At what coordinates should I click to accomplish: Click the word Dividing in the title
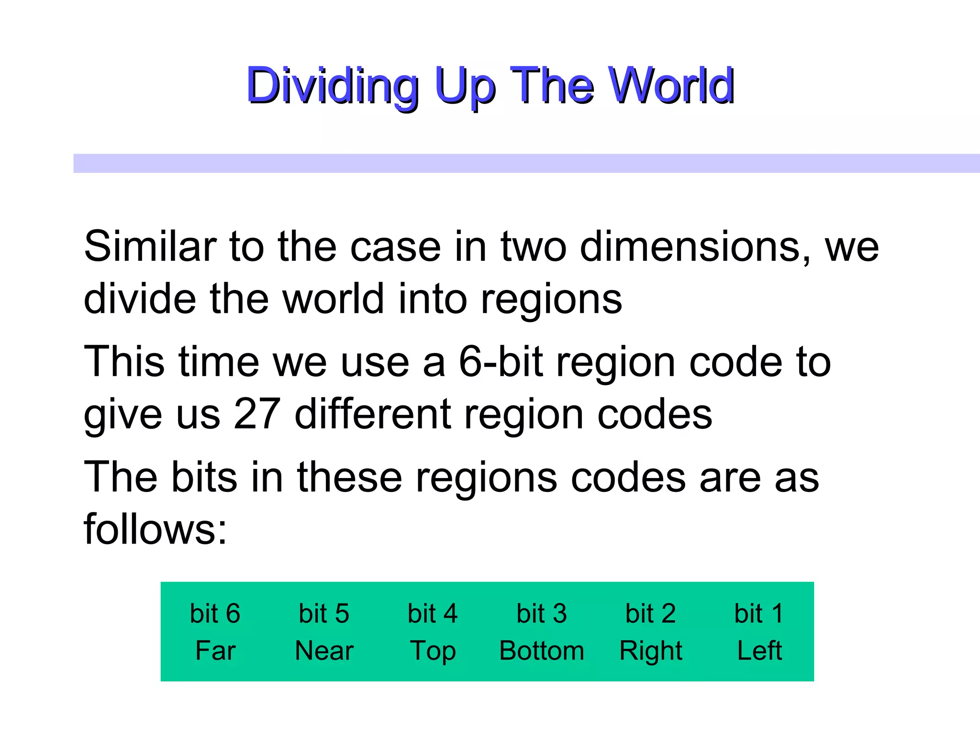[x=332, y=86]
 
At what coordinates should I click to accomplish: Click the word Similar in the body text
[x=150, y=246]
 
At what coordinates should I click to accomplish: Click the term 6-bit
[x=501, y=362]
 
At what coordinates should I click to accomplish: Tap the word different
[x=372, y=414]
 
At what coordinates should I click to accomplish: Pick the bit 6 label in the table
[x=215, y=613]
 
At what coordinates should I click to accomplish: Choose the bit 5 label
[x=324, y=613]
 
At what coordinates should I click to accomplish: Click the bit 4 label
[x=433, y=613]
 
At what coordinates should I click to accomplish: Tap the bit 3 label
[x=542, y=613]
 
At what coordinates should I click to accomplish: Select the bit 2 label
[x=650, y=613]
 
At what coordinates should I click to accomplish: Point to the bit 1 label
[x=759, y=613]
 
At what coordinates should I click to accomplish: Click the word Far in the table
[x=215, y=651]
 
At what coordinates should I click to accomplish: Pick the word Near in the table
[x=324, y=651]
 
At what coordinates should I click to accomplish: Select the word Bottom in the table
[x=542, y=651]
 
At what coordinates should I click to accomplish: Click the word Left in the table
[x=759, y=651]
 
